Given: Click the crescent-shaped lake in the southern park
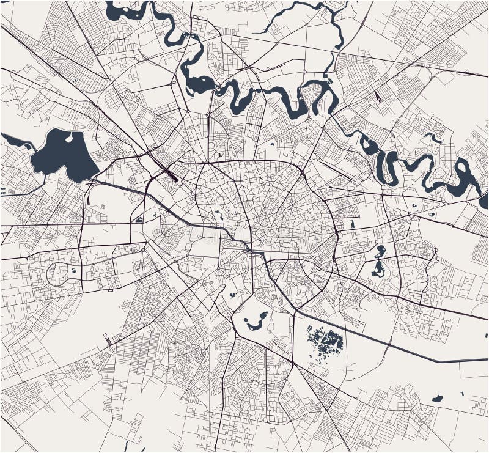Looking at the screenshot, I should [255, 321].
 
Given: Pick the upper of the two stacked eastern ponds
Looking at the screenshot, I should [379, 251].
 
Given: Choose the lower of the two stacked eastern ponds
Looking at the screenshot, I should [378, 267].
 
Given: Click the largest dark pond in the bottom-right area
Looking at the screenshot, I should [437, 399].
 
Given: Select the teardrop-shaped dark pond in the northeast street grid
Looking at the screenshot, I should [378, 97].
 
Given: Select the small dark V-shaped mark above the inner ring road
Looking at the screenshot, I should [219, 155].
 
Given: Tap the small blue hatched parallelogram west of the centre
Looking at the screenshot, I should [139, 218].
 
